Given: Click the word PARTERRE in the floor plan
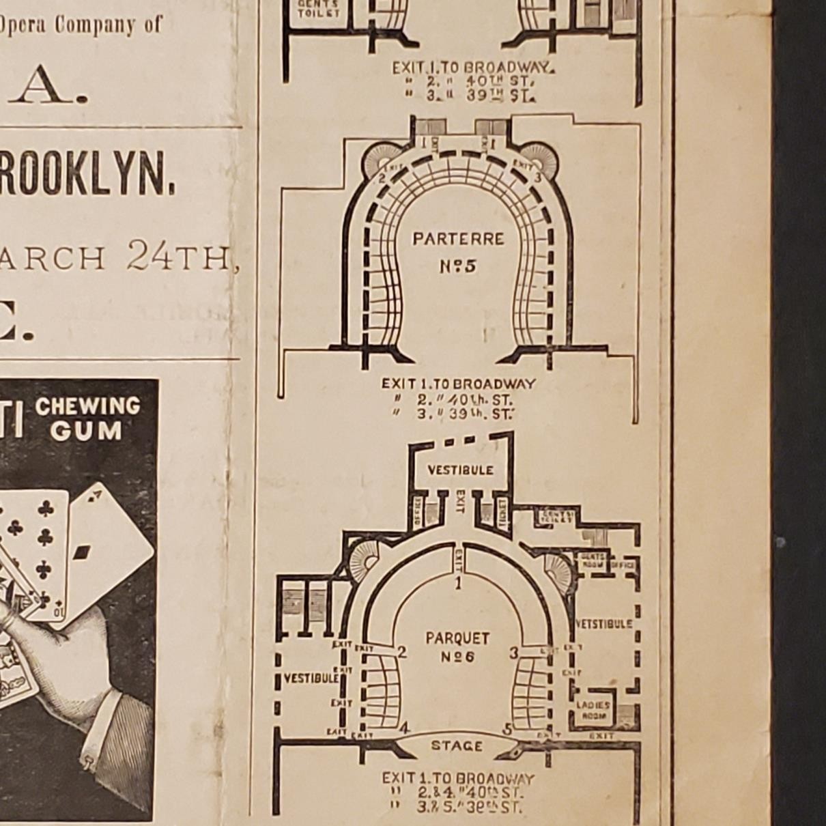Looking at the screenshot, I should click(x=458, y=239).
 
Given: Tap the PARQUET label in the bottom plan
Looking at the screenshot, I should click(x=457, y=638).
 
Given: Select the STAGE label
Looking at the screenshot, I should click(x=457, y=745).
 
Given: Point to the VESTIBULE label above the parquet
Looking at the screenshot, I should click(x=460, y=470).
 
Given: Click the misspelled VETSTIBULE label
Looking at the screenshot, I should click(x=603, y=624).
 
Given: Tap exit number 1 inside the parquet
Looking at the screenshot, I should click(x=458, y=582).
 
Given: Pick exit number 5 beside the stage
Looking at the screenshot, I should click(x=508, y=729).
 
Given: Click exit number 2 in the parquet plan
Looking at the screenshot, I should click(x=402, y=653).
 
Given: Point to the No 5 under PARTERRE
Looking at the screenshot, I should click(x=458, y=266).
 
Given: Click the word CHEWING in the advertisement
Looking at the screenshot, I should click(x=87, y=407).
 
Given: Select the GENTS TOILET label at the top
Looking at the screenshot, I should click(x=318, y=8).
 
